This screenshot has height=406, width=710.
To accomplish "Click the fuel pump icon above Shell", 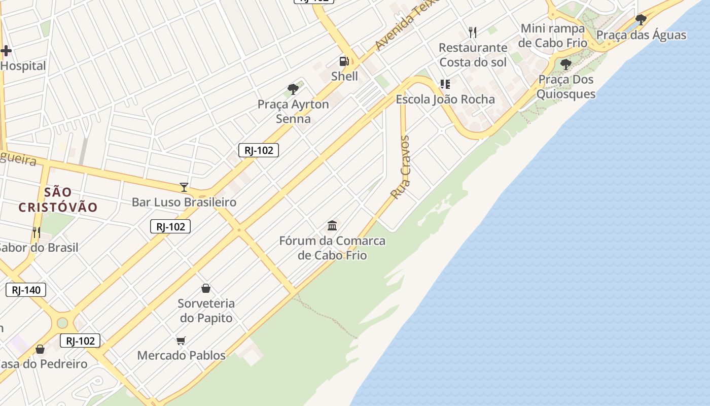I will click(344, 61).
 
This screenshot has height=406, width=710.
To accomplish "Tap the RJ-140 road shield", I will click(26, 290).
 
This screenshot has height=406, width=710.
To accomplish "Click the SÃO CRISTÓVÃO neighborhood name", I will click(58, 199).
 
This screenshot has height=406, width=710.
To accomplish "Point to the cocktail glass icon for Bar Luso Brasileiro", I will click(184, 187).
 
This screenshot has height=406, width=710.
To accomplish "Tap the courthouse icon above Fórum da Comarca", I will click(332, 225).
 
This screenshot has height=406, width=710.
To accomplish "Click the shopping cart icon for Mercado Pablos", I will click(181, 341).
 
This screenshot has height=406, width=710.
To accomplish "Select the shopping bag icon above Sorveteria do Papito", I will click(206, 288).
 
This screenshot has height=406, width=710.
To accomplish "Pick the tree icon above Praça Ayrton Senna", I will click(293, 89).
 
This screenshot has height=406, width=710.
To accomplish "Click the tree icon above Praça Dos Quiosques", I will click(565, 64).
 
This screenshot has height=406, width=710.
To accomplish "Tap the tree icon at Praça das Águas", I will click(641, 20).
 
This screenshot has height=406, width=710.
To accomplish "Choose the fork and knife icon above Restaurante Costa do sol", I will click(473, 32).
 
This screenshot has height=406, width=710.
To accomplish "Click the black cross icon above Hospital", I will click(6, 50).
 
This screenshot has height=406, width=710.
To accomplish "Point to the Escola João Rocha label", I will click(445, 99).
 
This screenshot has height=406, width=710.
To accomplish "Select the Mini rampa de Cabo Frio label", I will click(553, 36).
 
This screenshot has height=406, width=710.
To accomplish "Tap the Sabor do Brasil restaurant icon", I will click(37, 232).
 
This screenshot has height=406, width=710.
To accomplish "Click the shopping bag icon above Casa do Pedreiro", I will click(40, 349).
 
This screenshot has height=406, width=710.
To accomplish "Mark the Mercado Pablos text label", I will click(181, 355).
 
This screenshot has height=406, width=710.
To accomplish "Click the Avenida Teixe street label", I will click(405, 25).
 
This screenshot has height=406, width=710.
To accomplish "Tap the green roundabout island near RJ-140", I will click(62, 323).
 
